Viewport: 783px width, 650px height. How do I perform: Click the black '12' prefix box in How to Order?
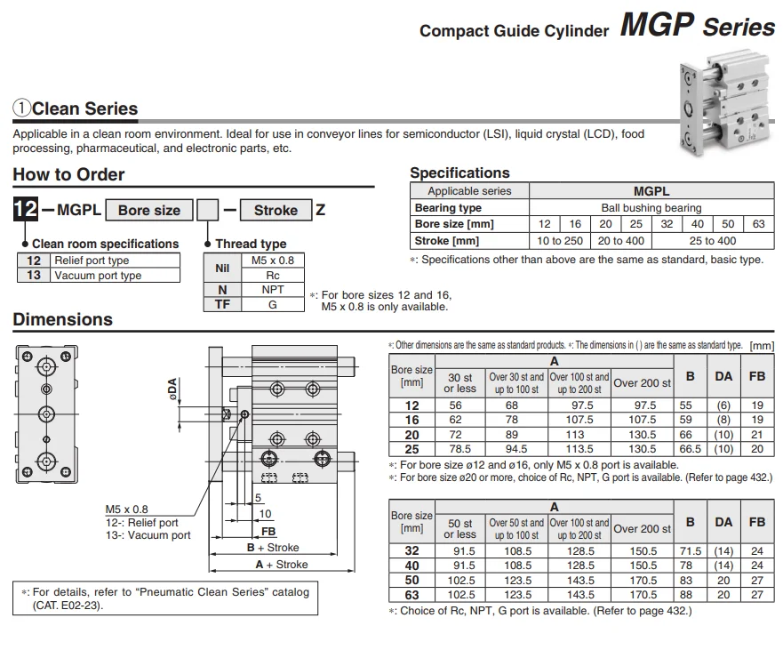(x=26, y=209)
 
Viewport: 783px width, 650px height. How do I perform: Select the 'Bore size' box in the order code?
(x=149, y=211)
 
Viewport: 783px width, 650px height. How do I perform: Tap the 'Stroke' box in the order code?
(x=276, y=211)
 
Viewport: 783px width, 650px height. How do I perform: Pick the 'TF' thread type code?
(x=222, y=304)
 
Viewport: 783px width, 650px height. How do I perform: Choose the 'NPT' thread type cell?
(x=273, y=290)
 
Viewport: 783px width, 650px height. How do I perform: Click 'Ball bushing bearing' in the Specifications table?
(x=651, y=208)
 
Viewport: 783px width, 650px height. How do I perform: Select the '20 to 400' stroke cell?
(x=620, y=241)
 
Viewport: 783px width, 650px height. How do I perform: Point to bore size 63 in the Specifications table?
(x=758, y=224)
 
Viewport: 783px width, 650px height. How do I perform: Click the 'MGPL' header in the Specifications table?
(x=651, y=191)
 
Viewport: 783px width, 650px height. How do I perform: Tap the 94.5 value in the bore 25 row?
(x=515, y=449)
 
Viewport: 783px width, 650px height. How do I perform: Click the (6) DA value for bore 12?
(x=723, y=405)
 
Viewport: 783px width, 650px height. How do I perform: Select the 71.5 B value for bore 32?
(x=690, y=551)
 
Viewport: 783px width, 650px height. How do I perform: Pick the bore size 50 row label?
(x=411, y=581)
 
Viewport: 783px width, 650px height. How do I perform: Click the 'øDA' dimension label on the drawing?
(x=172, y=389)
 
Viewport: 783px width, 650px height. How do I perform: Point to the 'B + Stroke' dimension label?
(x=273, y=547)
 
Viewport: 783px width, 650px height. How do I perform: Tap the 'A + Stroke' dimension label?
(x=282, y=565)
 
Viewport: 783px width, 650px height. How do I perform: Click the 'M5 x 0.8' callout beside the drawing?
(x=126, y=510)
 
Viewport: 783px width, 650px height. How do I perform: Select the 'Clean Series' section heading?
(x=85, y=108)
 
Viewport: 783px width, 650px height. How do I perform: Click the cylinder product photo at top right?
(x=723, y=102)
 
